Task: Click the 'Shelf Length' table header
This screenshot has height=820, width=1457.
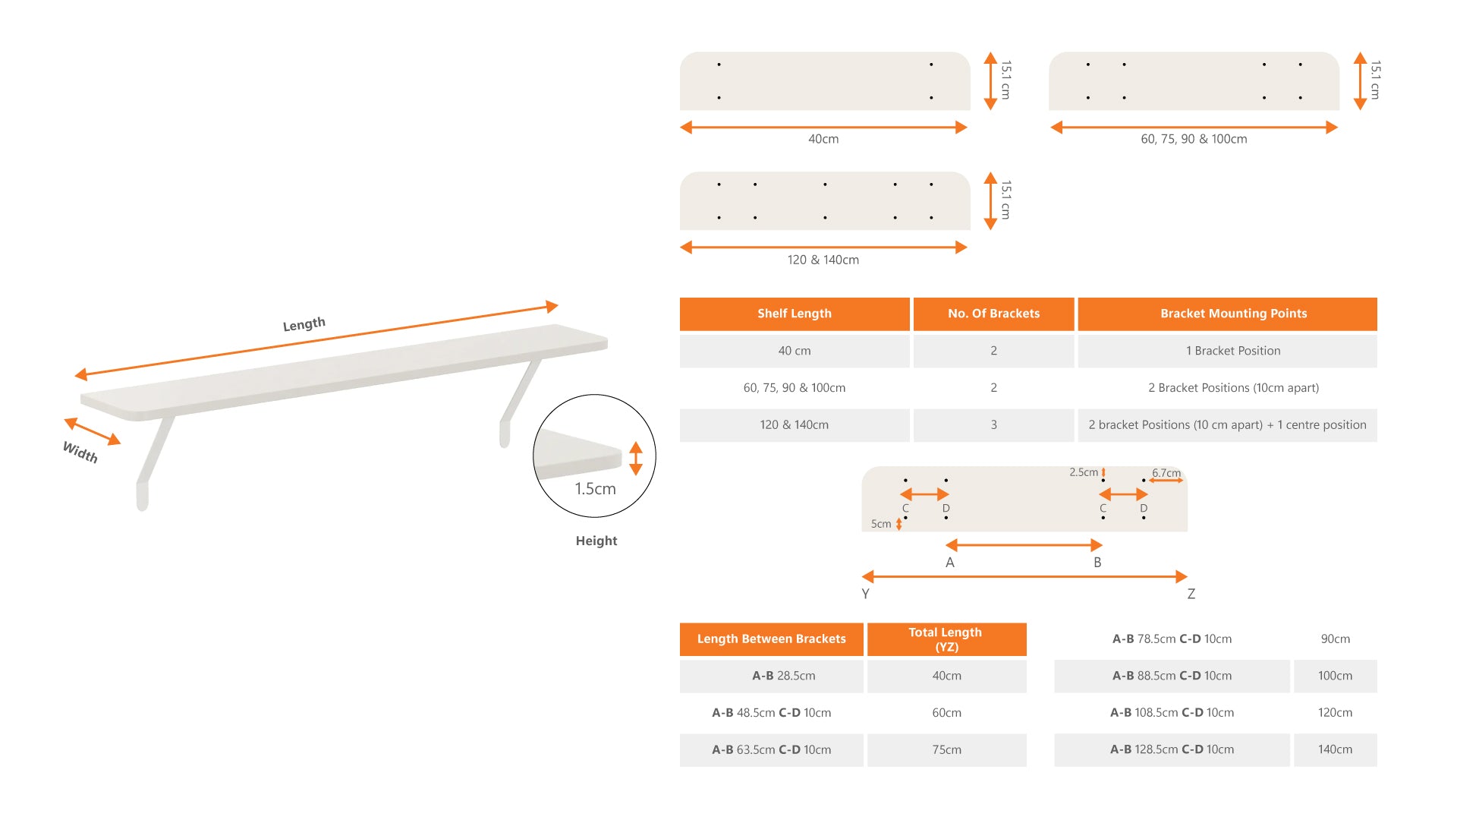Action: click(x=794, y=314)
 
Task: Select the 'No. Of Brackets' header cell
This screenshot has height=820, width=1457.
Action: click(x=993, y=314)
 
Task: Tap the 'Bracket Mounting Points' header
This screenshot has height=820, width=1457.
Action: click(x=1227, y=314)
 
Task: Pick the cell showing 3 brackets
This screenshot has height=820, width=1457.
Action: click(x=993, y=425)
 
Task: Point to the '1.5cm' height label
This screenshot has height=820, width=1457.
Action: click(x=595, y=489)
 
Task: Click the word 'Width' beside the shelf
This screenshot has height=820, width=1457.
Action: click(x=80, y=452)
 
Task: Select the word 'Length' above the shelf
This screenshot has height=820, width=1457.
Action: click(x=304, y=324)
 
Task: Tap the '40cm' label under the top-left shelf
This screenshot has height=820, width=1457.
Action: click(x=823, y=139)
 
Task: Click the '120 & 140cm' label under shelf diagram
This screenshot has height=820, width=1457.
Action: click(x=823, y=260)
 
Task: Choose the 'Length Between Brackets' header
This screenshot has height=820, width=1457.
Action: click(x=771, y=639)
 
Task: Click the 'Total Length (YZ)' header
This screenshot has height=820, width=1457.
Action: click(x=946, y=639)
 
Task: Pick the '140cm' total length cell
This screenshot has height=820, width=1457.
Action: click(x=1335, y=749)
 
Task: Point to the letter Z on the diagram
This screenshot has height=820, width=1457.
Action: click(x=1191, y=594)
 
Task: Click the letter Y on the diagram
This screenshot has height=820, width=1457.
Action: click(x=865, y=594)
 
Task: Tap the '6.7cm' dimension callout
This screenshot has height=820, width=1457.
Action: click(x=1166, y=473)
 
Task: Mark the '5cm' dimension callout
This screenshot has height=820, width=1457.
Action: click(x=881, y=524)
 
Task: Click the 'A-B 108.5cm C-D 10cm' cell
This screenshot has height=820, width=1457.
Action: click(x=1172, y=713)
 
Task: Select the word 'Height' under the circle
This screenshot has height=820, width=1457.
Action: click(x=596, y=541)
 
